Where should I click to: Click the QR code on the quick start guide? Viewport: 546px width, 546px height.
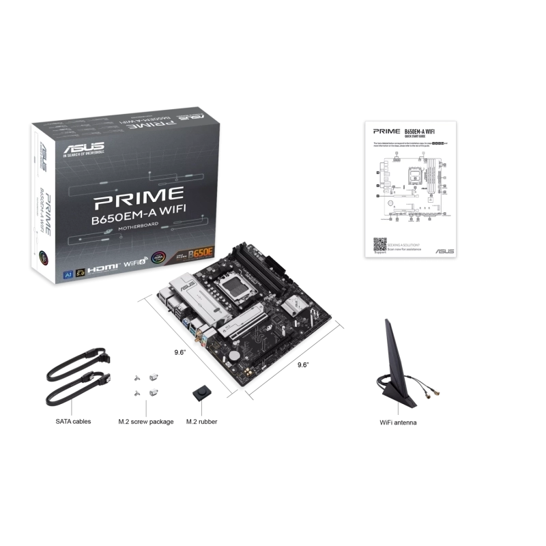pyautogui.click(x=380, y=243)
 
